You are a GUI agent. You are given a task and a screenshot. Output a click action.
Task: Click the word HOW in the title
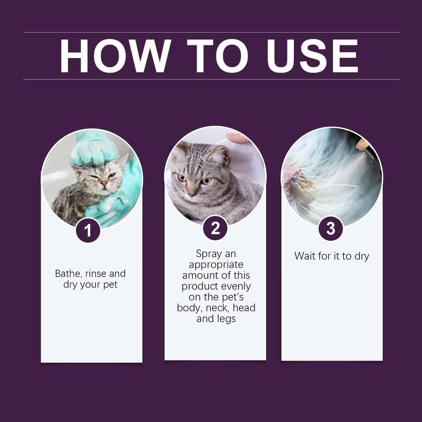pos(115,56)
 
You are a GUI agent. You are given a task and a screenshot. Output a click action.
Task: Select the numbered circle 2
pos(215,228)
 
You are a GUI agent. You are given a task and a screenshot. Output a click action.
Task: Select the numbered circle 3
pos(331,229)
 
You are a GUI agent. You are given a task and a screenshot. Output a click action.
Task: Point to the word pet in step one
pos(110,285)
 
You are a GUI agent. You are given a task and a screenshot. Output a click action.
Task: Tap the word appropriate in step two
pos(216,265)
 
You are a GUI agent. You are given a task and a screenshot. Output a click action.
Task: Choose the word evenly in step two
pos(234,286)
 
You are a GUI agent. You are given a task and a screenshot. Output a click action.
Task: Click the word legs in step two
pos(226,319)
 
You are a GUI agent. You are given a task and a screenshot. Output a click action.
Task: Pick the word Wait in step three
pos(305,256)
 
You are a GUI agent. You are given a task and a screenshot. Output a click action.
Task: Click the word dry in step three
pos(361,256)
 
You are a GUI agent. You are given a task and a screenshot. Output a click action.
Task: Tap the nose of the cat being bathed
pos(104,183)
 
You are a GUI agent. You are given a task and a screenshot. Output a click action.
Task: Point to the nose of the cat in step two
pos(192,192)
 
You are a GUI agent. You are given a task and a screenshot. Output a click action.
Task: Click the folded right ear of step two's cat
pos(220,156)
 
